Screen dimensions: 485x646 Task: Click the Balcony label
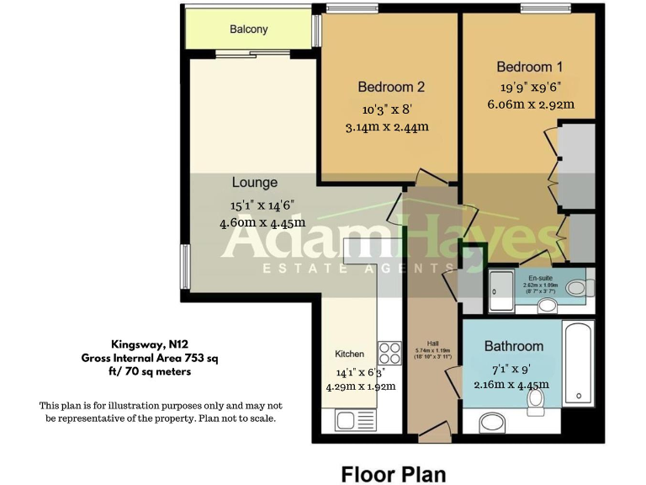point(249,29)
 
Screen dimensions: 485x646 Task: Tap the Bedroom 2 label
point(391,87)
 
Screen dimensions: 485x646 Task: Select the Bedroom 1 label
point(530,67)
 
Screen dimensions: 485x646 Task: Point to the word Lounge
point(255,182)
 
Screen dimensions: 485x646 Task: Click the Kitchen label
point(350,354)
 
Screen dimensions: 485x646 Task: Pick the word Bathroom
point(513,346)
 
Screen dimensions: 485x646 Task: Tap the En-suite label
point(540,277)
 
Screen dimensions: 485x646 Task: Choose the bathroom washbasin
point(497,422)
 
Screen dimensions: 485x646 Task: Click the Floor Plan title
point(393,473)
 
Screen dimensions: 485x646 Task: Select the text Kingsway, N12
point(148,344)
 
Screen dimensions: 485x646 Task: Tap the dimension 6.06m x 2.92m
point(530,105)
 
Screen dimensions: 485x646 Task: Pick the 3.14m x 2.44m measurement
point(387,128)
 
